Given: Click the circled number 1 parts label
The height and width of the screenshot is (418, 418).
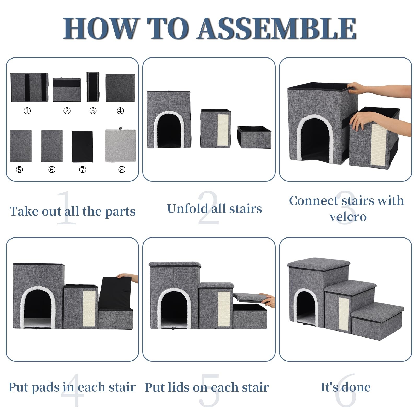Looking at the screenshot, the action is click(27, 111).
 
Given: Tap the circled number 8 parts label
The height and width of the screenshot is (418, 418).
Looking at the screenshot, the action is click(122, 170).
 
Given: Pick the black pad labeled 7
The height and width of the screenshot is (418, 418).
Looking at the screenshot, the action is click(83, 147).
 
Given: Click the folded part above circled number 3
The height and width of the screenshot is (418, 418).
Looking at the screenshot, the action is click(93, 87).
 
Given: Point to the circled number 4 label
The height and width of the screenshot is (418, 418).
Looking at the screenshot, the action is click(120, 111).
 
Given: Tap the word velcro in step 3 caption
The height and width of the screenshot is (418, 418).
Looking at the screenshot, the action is click(348, 217).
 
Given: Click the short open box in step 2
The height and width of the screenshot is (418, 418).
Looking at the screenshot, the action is click(254, 137).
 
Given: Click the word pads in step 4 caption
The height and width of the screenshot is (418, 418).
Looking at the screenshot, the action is click(46, 387).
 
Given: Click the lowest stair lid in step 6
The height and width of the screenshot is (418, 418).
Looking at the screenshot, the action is click(377, 310).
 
